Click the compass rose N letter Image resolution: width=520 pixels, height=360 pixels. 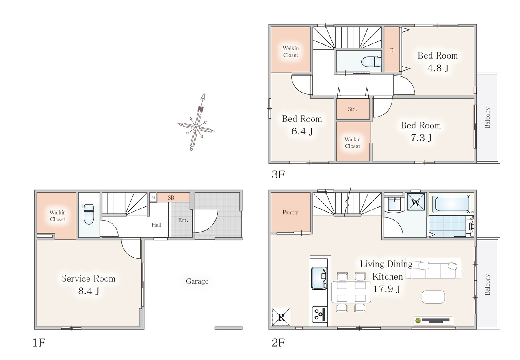click(x=201, y=109)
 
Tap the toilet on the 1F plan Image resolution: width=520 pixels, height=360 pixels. click(x=89, y=214)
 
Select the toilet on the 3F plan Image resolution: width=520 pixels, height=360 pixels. click(x=371, y=61)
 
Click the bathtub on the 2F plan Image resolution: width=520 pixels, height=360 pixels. click(x=451, y=204)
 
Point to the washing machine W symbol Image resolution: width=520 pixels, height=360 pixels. click(x=416, y=202)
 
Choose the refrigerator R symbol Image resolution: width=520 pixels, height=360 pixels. click(x=281, y=317)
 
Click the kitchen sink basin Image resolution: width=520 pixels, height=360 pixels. click(x=319, y=278)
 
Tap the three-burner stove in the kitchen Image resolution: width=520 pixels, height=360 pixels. click(x=319, y=314)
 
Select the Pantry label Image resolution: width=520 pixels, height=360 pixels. click(x=290, y=212)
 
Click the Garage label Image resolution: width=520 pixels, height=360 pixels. click(x=197, y=281)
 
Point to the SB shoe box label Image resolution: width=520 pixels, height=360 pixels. click(x=171, y=197)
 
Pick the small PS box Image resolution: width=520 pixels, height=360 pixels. click(x=153, y=197)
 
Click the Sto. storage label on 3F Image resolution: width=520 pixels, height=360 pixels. click(x=352, y=109)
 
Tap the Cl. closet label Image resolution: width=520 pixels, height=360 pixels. click(x=392, y=50)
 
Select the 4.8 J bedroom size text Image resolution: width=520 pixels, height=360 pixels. click(x=438, y=68)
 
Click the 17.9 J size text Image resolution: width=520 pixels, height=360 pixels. click(x=386, y=289)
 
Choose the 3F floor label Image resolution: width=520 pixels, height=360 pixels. click(x=278, y=174)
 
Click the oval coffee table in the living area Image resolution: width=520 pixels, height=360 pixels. click(x=433, y=297)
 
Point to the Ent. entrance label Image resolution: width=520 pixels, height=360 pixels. click(x=183, y=220)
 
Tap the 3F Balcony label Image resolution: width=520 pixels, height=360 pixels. click(x=487, y=118)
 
